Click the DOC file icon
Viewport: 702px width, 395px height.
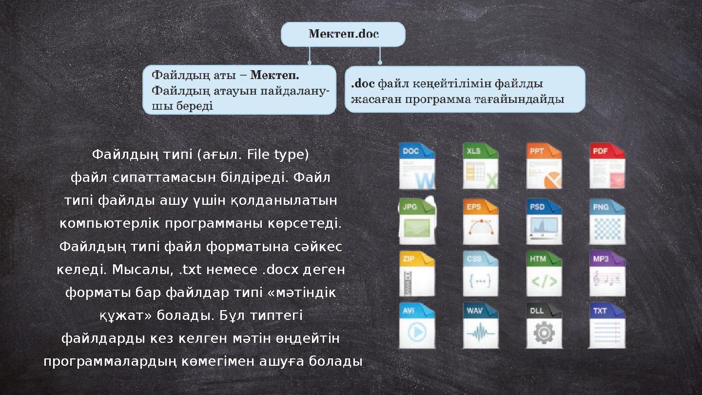[417, 166]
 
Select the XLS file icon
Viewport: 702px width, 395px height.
[480, 166]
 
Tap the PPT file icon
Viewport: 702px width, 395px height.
[544, 166]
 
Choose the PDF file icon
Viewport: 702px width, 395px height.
[607, 166]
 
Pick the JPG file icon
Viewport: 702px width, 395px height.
[417, 221]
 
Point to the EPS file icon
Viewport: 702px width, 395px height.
[480, 221]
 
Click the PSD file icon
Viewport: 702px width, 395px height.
[544, 221]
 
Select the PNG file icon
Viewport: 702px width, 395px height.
[607, 221]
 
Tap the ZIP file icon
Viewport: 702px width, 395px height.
[417, 274]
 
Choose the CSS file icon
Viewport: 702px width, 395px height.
[480, 274]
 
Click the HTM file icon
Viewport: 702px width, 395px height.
[544, 274]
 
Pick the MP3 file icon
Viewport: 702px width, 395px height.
[607, 274]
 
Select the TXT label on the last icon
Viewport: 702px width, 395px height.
[600, 311]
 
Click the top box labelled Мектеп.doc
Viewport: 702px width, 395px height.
[343, 34]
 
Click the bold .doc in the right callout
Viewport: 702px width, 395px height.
[363, 84]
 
